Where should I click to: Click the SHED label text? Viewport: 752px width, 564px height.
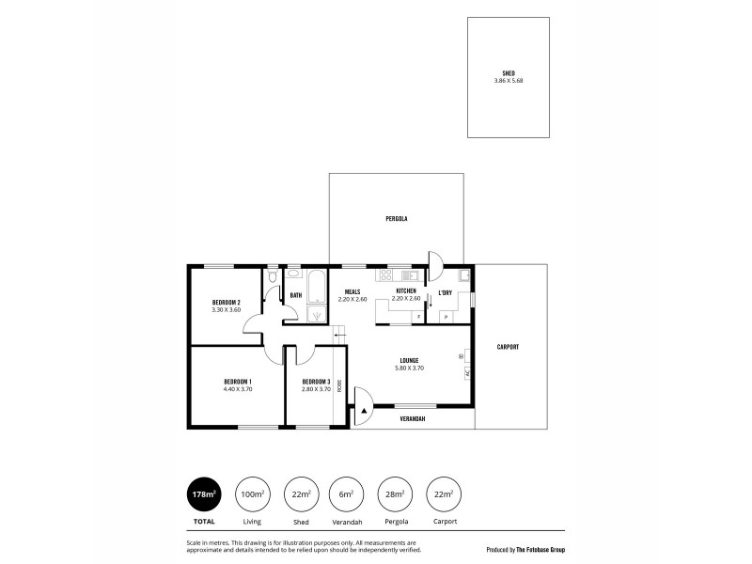pos(508,73)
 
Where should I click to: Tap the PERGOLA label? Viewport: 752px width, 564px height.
pos(396,218)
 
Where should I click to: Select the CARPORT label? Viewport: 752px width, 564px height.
pos(508,347)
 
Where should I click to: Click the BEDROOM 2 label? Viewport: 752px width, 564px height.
pos(227,302)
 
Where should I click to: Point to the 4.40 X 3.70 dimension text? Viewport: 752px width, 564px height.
pos(238,389)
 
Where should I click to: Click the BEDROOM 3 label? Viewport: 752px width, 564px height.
pos(316,382)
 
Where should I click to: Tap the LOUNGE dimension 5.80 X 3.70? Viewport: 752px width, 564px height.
pos(409,368)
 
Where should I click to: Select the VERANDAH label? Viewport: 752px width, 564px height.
pos(413,418)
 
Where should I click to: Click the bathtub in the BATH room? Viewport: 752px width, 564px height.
pos(316,281)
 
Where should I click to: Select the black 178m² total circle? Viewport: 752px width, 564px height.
pos(205,493)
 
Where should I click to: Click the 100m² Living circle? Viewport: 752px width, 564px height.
pos(251,493)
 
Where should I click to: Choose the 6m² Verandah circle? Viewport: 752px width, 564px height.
pos(347,493)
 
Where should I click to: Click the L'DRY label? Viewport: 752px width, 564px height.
pos(446,292)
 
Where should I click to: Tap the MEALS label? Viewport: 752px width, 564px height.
pos(352,291)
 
